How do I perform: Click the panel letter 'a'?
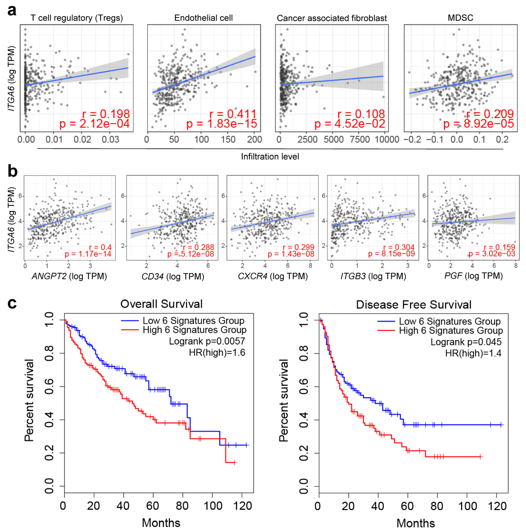(12, 11)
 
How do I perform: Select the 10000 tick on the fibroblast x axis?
(387, 140)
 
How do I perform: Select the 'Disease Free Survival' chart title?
(414, 305)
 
